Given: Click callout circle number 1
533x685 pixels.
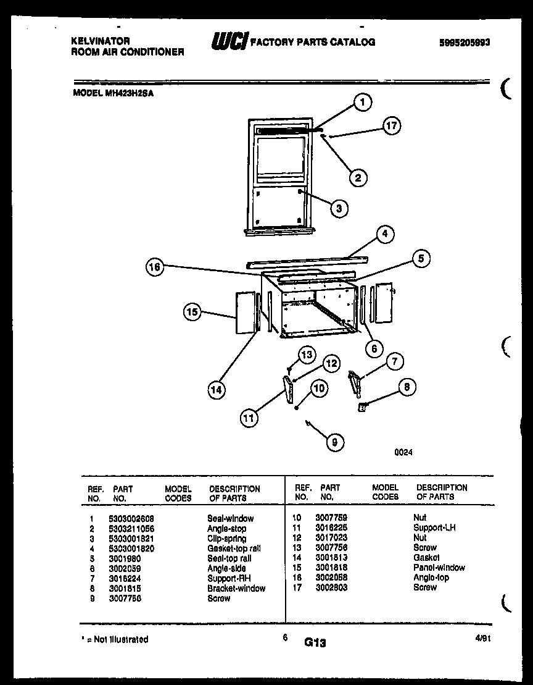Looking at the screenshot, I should (x=363, y=103).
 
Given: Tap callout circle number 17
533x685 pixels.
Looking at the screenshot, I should (x=390, y=126).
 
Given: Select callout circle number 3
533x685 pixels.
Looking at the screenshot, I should (x=338, y=208).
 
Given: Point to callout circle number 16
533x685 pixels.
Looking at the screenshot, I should (x=155, y=267).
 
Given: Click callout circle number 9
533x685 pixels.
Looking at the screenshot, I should (x=334, y=442).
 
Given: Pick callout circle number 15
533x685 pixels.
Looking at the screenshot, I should (x=192, y=313).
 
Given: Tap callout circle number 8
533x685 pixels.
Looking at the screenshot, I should (x=406, y=387).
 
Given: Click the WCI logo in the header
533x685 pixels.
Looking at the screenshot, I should (x=230, y=41).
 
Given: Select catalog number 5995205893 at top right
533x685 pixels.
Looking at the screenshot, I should (x=465, y=43).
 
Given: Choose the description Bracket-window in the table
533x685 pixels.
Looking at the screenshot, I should (x=236, y=588).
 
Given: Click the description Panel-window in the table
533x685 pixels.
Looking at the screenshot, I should (x=439, y=567).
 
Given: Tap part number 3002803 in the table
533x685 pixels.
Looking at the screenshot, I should (x=332, y=587).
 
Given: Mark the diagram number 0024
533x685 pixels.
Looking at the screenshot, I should (x=403, y=452).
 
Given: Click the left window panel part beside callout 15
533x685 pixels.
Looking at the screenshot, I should (x=245, y=313).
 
